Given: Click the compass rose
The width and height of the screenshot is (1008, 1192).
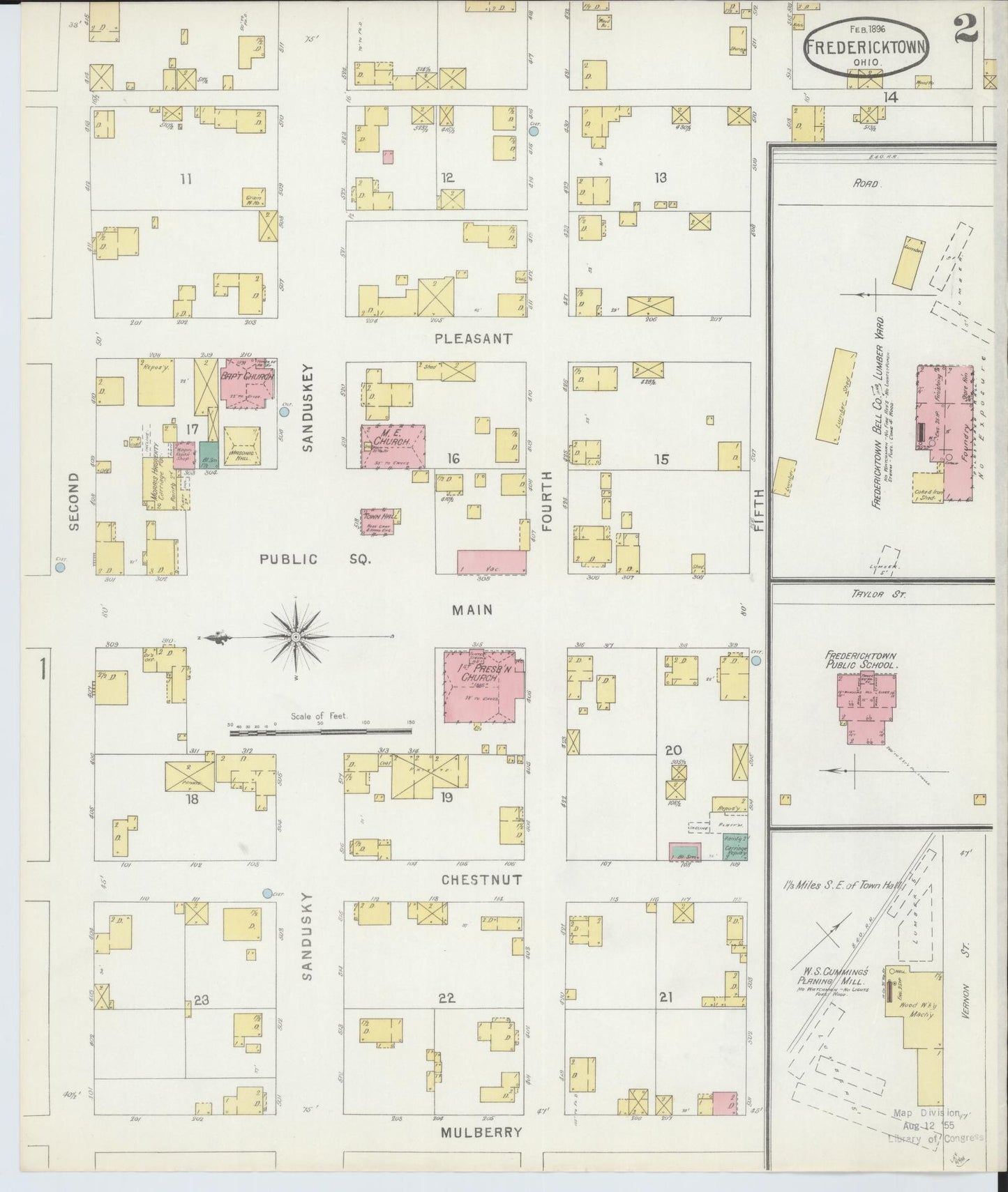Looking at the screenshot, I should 296,636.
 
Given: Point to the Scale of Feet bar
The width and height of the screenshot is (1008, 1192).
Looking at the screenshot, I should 321,731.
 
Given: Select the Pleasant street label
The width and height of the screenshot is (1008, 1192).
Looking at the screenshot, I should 473,339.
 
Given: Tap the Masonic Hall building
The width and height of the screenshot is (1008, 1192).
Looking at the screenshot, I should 242,446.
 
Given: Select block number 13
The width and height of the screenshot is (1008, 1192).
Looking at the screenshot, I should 660,177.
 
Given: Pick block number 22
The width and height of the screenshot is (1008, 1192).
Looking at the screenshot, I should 446,998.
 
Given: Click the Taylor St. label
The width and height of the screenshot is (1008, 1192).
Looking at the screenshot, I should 868,595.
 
